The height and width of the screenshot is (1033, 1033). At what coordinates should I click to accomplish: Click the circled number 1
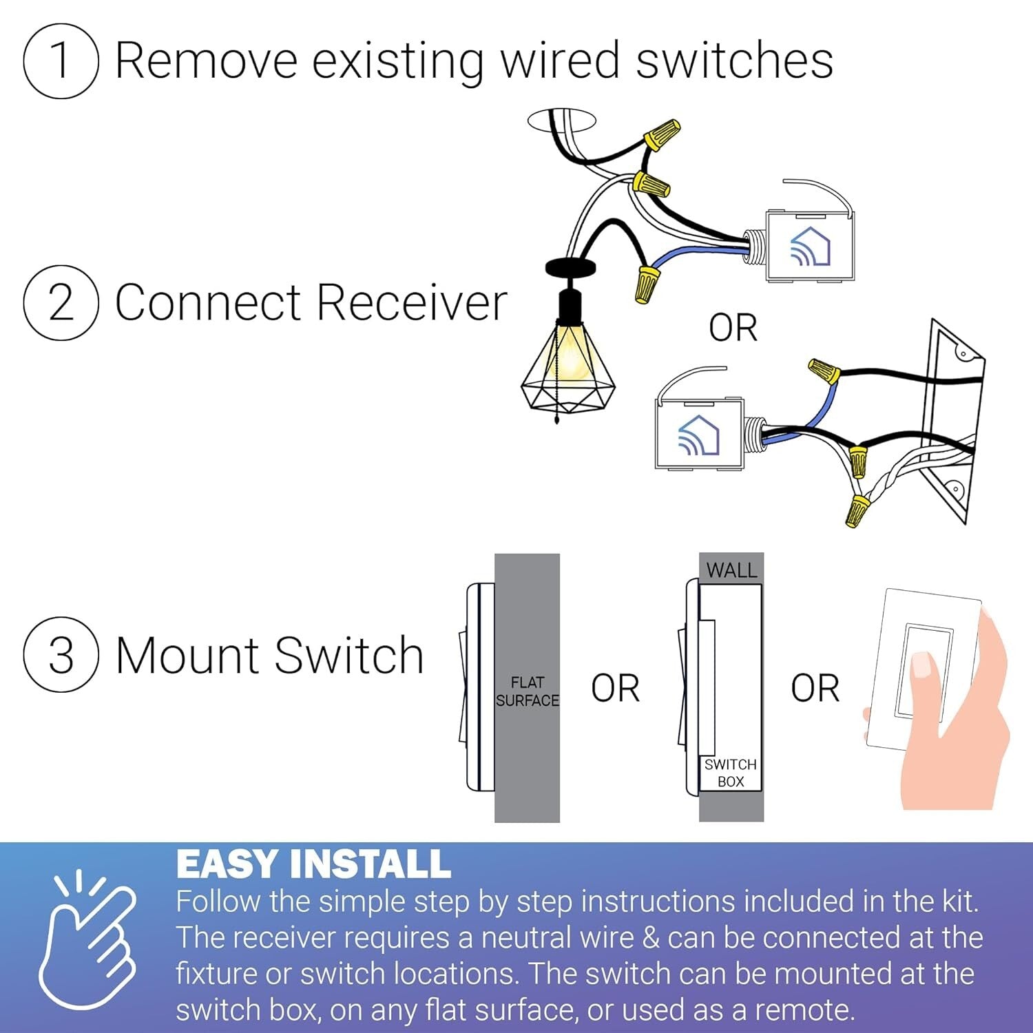61,61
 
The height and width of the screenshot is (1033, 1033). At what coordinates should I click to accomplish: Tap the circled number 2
61,302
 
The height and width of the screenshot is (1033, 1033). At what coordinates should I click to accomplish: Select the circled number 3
61,654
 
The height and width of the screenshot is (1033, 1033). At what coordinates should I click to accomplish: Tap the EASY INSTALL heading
313,864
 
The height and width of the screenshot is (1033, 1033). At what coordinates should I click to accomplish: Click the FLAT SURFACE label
527,691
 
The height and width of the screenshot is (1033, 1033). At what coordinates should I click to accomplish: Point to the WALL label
731,570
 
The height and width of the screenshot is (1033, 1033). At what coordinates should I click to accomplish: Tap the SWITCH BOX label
730,773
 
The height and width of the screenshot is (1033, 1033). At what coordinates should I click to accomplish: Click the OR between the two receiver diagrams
733,328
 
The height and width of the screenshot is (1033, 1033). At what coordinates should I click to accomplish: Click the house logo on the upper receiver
810,247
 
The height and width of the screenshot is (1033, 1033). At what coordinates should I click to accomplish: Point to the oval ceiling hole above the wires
561,120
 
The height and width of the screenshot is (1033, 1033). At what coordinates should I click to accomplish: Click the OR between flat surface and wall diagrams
615,688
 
